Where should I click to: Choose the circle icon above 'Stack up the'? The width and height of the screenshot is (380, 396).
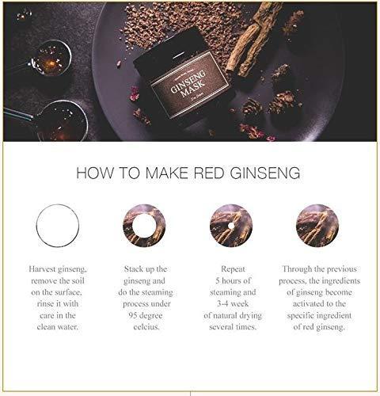tap(144, 225)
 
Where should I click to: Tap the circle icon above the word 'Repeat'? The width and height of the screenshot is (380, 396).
tap(231, 225)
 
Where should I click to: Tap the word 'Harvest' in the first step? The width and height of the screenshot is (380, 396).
tap(46, 269)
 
